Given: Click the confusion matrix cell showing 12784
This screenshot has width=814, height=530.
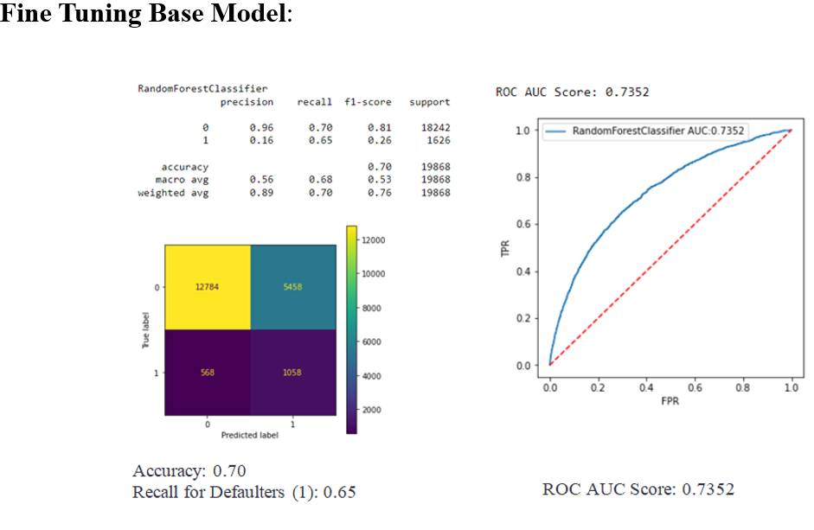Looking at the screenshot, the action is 208,287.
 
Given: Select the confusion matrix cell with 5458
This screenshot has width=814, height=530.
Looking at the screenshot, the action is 293,287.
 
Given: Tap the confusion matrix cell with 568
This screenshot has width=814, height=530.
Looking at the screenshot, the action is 208,373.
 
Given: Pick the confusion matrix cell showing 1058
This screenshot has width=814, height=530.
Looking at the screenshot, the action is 293,373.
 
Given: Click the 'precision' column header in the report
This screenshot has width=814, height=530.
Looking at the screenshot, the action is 247,102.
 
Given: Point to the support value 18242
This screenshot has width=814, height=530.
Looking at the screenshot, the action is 436,128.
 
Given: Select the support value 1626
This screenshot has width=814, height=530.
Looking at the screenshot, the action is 439,141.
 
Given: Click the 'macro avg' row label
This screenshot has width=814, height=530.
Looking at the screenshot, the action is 182,180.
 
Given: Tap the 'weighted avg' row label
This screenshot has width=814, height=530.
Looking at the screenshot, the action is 173,193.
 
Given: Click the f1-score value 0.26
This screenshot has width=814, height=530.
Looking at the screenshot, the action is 380,141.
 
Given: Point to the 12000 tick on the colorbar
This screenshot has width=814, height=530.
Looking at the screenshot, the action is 373,240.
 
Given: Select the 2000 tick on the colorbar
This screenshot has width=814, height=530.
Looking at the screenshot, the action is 371,410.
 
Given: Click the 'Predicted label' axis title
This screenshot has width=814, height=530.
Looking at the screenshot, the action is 250,435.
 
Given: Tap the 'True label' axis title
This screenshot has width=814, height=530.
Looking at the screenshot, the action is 146,330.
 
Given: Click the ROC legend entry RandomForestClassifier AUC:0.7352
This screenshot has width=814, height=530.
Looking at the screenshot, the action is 645,131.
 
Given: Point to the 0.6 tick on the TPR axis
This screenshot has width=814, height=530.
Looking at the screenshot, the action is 522,224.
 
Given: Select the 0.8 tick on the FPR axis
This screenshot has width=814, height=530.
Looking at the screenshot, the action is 743,387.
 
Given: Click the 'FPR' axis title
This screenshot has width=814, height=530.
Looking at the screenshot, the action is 670,401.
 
